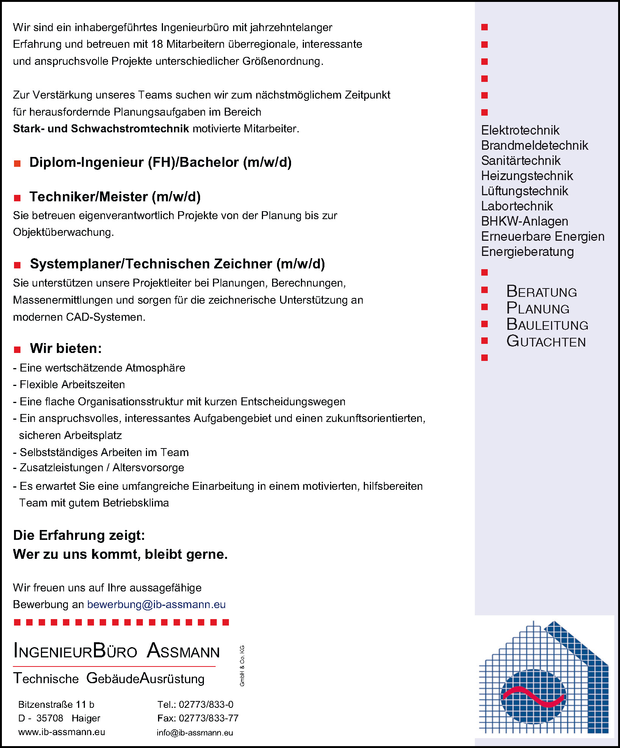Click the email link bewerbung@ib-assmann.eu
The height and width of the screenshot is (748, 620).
pos(156,604)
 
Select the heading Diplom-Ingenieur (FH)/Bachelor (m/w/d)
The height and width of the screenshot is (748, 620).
pos(160,162)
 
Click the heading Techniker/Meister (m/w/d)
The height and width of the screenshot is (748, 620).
pos(115,197)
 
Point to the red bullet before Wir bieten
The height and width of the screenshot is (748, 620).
pos(17,350)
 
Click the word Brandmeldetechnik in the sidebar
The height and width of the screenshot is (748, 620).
pos(534,146)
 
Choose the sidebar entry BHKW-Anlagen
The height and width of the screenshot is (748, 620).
pos(524,221)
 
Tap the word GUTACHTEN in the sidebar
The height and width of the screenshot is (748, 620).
pos(546,342)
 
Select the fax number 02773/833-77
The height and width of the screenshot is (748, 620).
pos(208,718)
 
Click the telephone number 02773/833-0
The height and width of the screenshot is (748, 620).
pos(206,704)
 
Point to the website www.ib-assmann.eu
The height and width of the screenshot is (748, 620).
pos(62,732)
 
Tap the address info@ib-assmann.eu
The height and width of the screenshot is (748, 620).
pos(195,732)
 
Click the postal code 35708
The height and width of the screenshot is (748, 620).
pos(50,718)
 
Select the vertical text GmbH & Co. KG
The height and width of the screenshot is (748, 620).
pos(242,665)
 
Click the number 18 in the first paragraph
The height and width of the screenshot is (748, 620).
pos(157,44)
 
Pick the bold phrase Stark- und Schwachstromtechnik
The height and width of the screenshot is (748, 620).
pos(101,129)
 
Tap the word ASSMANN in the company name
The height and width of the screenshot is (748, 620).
pos(183,651)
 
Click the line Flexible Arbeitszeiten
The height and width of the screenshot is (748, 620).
pos(72,385)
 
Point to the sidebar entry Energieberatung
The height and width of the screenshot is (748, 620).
pos(527,252)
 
